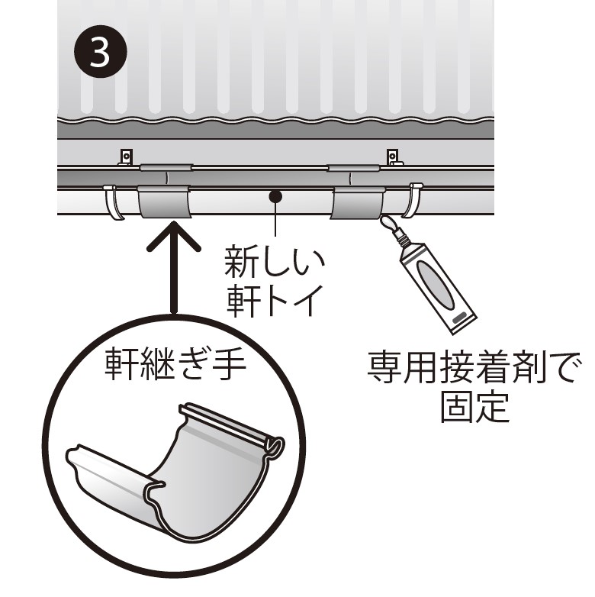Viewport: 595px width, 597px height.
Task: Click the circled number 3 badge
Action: click(100, 52)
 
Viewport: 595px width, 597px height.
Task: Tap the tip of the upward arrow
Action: click(174, 221)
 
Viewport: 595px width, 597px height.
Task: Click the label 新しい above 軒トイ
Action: click(275, 262)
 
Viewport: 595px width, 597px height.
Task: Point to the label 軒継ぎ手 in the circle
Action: click(175, 363)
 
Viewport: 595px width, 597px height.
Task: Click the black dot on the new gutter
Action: click(275, 196)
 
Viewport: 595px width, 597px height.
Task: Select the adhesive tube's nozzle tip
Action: click(384, 220)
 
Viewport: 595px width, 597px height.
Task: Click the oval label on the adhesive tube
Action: click(436, 286)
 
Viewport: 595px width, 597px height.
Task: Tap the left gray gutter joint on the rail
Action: click(164, 202)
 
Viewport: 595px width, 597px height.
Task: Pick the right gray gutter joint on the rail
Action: click(358, 202)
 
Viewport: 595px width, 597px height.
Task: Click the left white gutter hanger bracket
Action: click(114, 202)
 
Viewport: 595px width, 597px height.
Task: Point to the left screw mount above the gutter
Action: click(126, 157)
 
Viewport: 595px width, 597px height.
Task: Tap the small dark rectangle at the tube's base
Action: click(459, 317)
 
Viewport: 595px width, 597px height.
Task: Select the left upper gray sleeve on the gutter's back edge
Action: click(166, 167)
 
